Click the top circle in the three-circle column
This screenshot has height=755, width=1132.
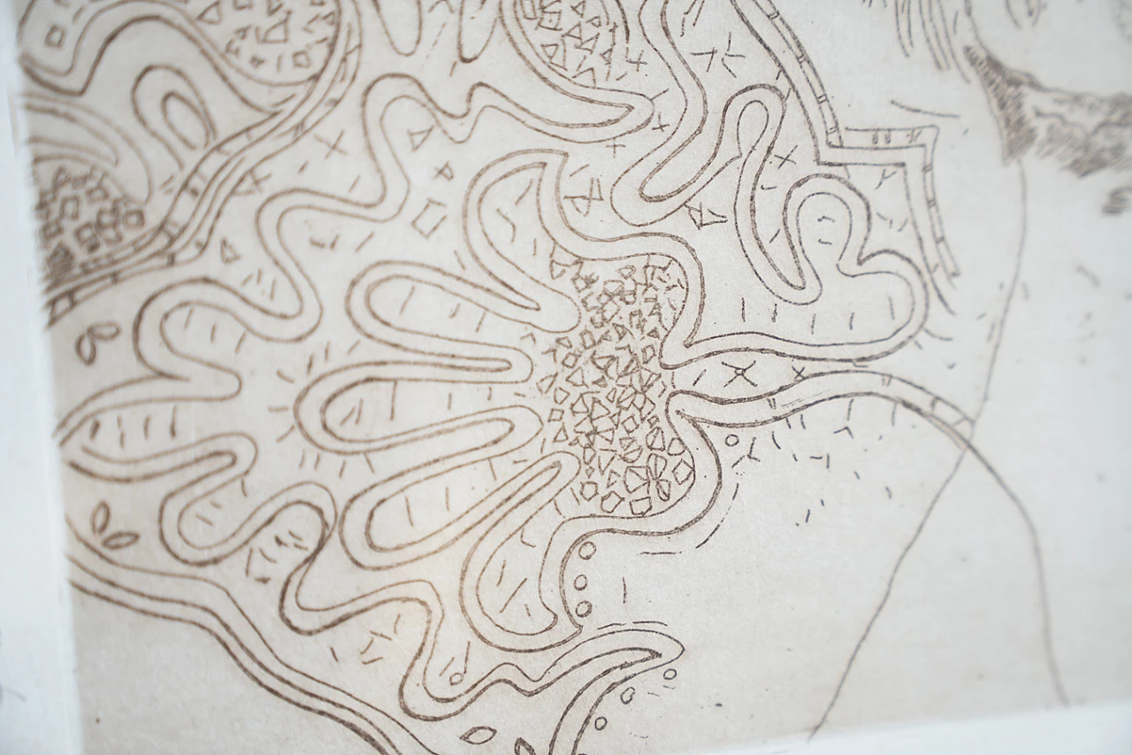tap(586, 551)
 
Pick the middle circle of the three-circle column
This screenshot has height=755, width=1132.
tap(581, 582)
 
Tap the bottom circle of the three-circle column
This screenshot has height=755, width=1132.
tap(583, 608)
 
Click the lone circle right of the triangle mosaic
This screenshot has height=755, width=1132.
tap(731, 440)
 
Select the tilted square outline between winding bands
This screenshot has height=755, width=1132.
tap(429, 217)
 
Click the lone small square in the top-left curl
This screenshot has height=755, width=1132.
tap(56, 36)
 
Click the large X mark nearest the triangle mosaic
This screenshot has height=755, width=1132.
tap(739, 374)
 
